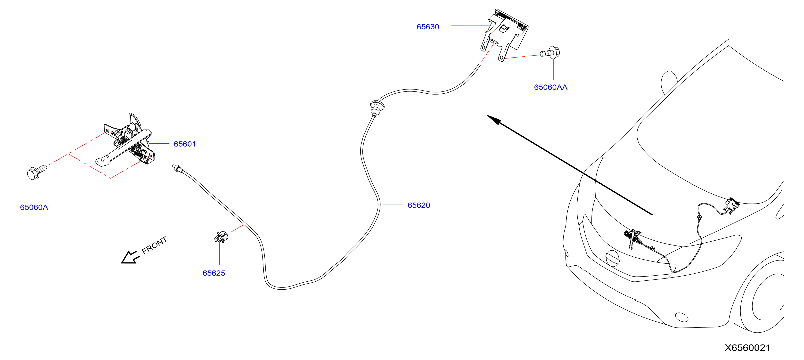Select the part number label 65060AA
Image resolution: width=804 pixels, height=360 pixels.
tap(550, 87)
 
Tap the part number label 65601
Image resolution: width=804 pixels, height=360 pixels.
tap(185, 144)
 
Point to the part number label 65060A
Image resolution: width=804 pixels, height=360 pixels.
tap(34, 207)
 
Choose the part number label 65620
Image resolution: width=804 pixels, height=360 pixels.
tap(419, 205)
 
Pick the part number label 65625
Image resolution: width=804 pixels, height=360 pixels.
tap(214, 273)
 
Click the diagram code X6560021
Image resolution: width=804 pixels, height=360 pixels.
tap(747, 348)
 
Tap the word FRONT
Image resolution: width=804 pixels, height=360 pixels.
tap(154, 245)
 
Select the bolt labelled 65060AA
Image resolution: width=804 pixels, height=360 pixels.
tap(550, 53)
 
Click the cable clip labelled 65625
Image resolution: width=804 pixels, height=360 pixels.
tap(221, 237)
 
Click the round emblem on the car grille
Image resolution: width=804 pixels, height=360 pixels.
tap(612, 258)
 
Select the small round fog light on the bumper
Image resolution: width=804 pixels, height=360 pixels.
tap(682, 317)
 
